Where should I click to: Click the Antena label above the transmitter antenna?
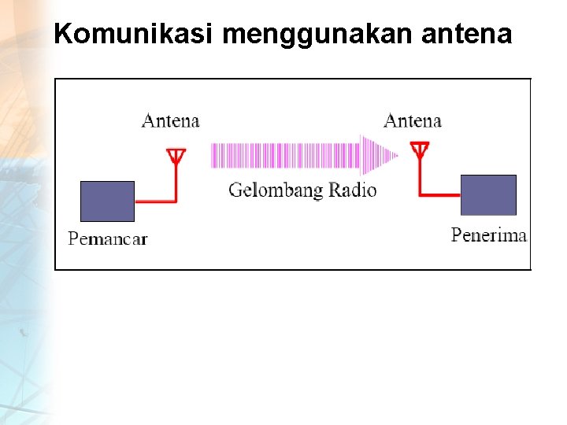(170, 121)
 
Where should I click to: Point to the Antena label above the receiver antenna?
(412, 121)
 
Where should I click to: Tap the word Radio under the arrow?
(352, 190)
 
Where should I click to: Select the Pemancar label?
(108, 238)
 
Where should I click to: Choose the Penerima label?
(488, 235)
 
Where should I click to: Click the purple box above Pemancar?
(108, 201)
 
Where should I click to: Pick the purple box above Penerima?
(488, 195)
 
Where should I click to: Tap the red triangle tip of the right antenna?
(420, 149)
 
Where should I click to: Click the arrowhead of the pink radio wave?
(379, 155)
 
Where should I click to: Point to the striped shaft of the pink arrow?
(283, 155)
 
